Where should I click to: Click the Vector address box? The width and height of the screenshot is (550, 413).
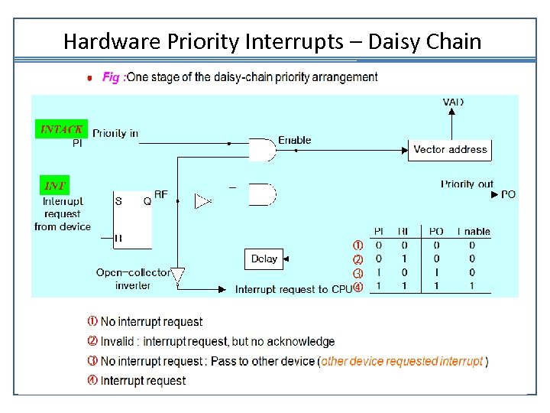(450, 149)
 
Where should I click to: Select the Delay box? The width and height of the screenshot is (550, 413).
(264, 259)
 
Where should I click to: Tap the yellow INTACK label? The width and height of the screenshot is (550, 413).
(61, 129)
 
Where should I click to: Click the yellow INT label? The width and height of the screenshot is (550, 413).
(54, 185)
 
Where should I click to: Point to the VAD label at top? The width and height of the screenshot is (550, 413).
(453, 102)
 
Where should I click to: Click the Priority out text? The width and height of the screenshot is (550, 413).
(467, 184)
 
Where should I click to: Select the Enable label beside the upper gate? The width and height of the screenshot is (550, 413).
(294, 140)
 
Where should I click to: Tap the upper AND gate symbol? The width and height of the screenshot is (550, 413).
(262, 150)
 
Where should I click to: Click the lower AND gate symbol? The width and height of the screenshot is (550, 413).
(262, 194)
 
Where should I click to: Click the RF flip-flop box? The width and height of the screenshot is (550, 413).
(132, 218)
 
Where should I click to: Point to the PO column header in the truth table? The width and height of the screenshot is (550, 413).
(436, 232)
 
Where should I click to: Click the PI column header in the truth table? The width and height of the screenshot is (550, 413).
(379, 232)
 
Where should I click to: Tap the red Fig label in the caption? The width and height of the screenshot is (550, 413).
(112, 76)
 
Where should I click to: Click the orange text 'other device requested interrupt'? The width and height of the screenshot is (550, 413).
(402, 361)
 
